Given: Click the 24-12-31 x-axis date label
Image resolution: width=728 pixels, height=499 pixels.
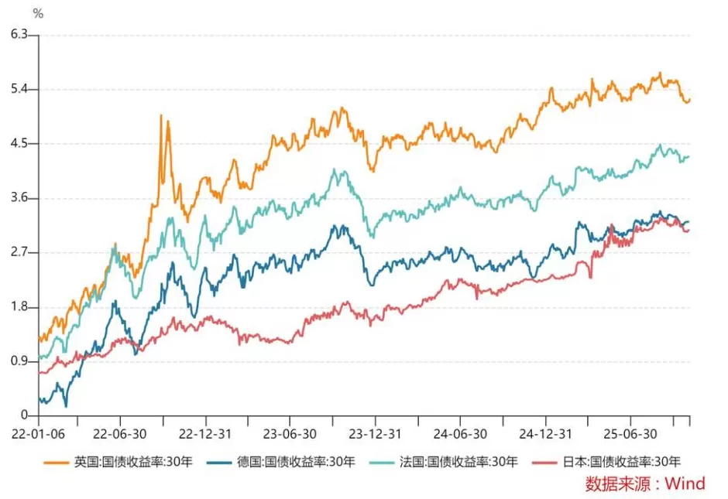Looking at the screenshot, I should click(544, 434).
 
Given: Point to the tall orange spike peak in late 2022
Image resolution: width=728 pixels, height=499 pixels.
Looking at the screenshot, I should click(160, 115).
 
